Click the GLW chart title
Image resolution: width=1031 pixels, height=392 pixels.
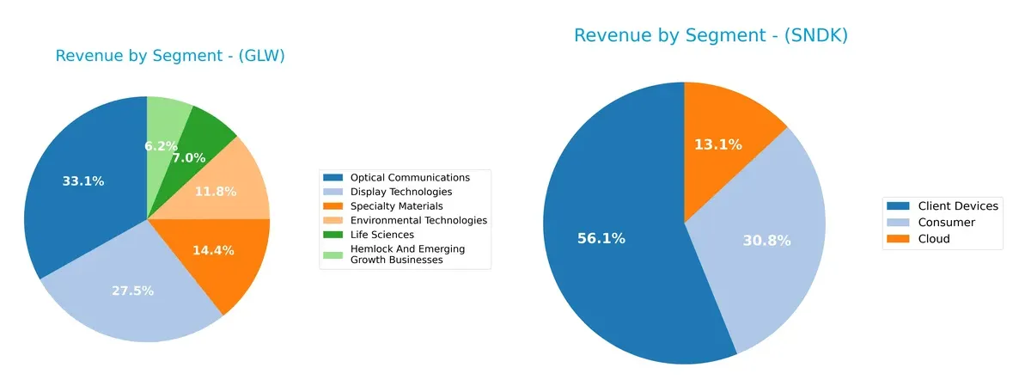click(x=170, y=56)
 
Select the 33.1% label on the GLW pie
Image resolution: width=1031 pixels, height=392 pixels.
click(x=83, y=181)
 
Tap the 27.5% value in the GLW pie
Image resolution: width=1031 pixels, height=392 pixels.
click(x=132, y=291)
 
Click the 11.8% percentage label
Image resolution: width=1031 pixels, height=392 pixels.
click(x=215, y=191)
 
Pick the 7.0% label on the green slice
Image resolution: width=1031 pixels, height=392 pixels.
click(x=188, y=158)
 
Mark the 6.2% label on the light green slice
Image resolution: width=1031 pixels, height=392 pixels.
click(x=162, y=146)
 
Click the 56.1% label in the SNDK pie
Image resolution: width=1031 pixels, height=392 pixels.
click(x=601, y=238)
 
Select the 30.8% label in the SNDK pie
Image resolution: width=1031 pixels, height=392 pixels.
click(x=766, y=242)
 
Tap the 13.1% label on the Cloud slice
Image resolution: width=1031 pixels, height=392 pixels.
click(x=718, y=144)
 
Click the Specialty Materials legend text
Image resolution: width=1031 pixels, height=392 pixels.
click(x=396, y=206)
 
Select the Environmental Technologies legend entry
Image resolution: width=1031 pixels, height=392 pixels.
click(x=418, y=220)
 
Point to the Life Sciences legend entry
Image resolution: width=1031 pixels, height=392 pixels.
click(x=381, y=235)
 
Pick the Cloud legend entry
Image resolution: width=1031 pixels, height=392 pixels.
click(x=934, y=239)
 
